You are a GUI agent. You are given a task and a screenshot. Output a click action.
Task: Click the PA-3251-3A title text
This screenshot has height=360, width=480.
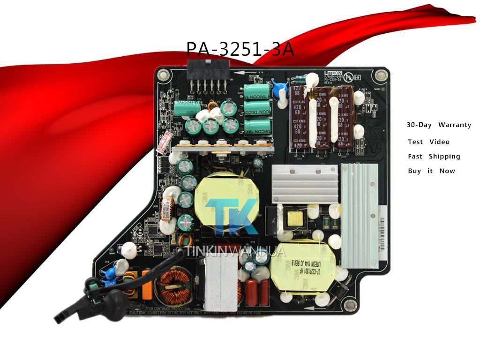(x=240, y=49)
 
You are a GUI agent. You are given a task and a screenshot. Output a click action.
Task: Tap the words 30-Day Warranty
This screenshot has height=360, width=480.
(x=438, y=125)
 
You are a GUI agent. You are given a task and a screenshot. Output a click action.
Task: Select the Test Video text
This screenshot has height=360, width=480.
(x=428, y=142)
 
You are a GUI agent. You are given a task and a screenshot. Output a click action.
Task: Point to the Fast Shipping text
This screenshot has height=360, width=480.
(x=434, y=157)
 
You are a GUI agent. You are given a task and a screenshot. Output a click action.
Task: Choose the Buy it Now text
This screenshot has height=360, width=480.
(x=431, y=171)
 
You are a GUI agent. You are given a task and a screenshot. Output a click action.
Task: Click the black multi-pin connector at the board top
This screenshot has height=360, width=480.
(x=206, y=70)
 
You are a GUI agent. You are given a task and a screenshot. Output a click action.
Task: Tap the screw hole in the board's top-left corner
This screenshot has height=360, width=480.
(x=163, y=74)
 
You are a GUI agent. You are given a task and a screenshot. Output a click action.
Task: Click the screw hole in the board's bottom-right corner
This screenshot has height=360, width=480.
(x=349, y=307)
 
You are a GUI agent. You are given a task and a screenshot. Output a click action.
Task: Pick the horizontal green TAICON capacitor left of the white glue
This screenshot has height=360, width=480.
(x=186, y=108)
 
